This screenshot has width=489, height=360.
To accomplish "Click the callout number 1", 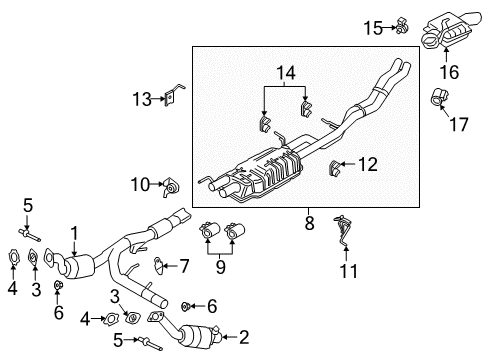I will pos(73,232).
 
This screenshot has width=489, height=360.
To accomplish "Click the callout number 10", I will pos(138,183).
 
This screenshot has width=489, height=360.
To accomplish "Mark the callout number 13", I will pos(141,98).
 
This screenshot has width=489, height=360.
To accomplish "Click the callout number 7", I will pos(184,266).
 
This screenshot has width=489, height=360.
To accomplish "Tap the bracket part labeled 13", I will pos(172,96).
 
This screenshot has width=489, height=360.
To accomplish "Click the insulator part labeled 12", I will pos(337,165).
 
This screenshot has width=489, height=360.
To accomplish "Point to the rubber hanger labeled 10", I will pos(171,185).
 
